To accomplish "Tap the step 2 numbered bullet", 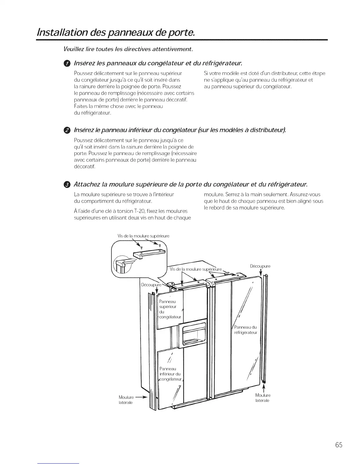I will pos(67,130).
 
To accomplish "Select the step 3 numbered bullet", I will pos(67,184).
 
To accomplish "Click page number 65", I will pos(339,445).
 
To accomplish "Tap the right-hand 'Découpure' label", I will pos(260,266).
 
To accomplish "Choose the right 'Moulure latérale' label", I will pos(263,398).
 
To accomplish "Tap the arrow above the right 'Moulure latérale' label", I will pos(263,387).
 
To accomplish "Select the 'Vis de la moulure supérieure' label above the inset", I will pos(143,236).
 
